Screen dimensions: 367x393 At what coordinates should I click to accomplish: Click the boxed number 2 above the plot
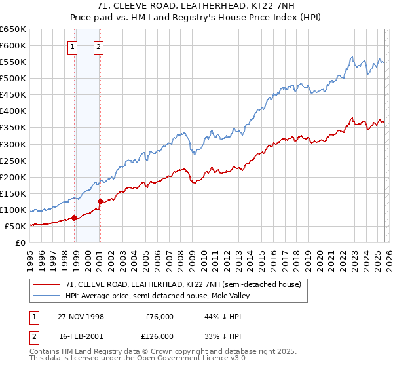click(98, 47)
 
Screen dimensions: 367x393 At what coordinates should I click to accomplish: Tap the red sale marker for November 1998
click(75, 218)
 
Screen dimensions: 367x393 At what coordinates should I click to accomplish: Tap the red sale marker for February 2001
click(100, 201)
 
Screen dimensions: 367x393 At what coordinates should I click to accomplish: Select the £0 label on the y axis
click(21, 242)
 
